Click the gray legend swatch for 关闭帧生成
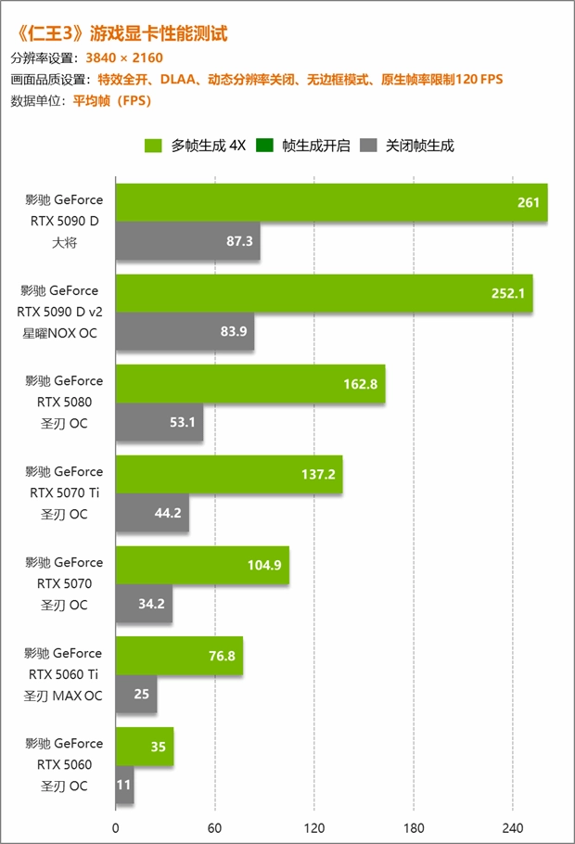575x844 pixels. click(x=369, y=145)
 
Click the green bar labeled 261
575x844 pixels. click(x=331, y=202)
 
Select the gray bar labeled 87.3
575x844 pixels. click(x=187, y=240)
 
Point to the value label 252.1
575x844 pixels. click(x=507, y=293)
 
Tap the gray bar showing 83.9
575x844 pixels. click(x=185, y=331)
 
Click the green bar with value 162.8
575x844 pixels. click(x=250, y=384)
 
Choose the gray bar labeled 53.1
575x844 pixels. click(x=159, y=422)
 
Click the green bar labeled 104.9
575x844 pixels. click(x=202, y=565)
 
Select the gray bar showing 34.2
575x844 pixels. click(x=144, y=604)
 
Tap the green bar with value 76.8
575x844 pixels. click(x=179, y=656)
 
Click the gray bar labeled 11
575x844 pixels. click(x=124, y=785)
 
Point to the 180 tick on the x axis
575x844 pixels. click(x=414, y=828)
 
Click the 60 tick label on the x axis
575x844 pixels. click(x=214, y=828)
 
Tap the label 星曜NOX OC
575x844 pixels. click(x=64, y=332)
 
